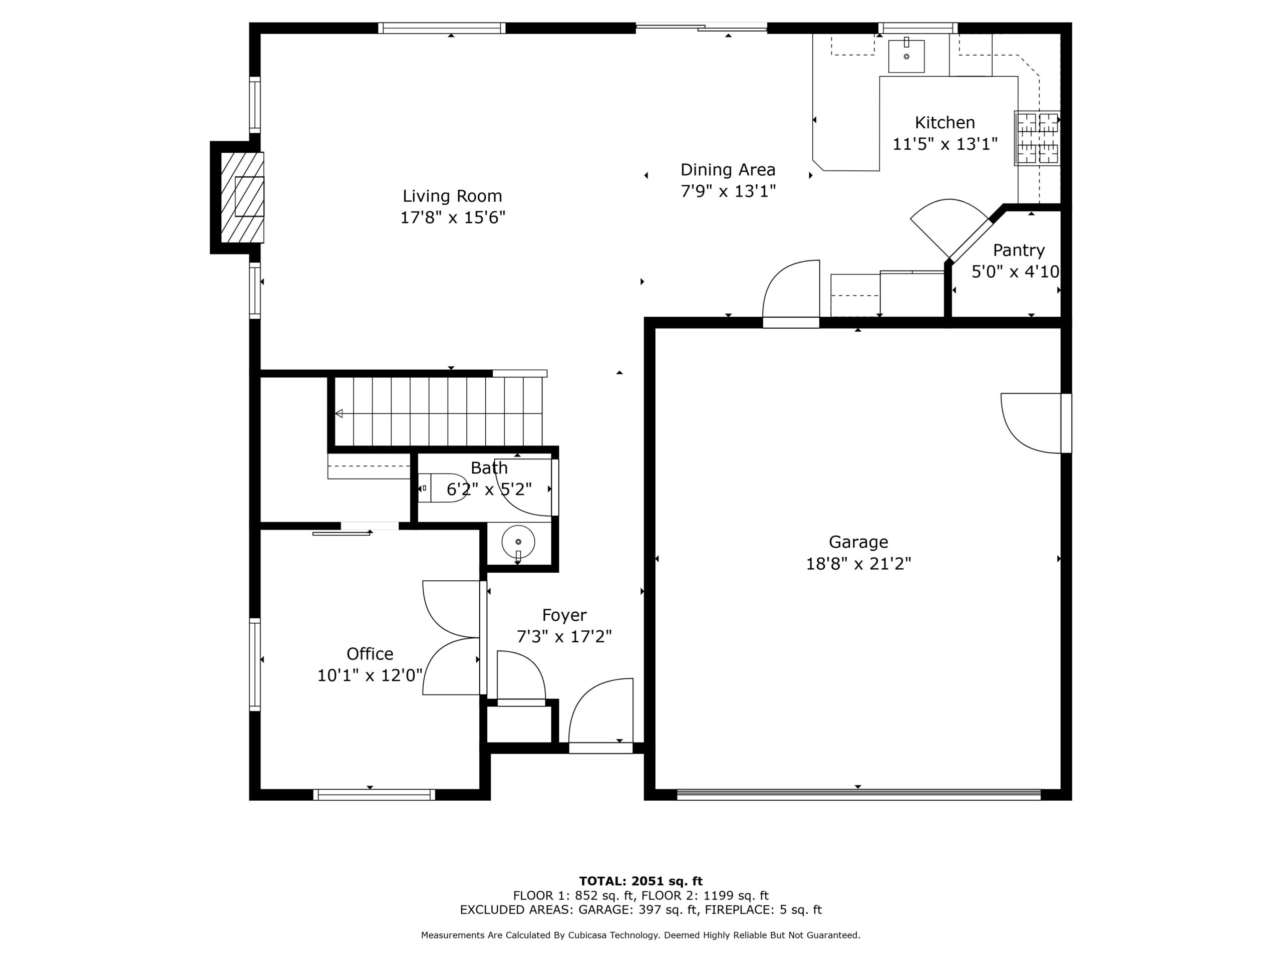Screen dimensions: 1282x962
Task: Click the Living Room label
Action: click(452, 196)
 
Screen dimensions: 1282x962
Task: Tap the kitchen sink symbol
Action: click(906, 56)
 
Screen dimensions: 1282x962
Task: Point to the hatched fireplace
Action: click(242, 197)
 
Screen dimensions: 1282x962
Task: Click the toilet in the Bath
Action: click(443, 487)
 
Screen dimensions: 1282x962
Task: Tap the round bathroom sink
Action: click(518, 542)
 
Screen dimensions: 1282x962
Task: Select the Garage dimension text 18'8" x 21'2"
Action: click(858, 564)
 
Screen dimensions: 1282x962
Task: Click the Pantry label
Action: click(1019, 250)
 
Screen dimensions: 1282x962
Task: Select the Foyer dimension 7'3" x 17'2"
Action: click(564, 637)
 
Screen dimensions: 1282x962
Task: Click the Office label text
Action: click(370, 653)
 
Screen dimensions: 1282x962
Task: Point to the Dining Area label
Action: click(728, 169)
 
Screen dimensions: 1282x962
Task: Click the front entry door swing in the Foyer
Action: click(601, 715)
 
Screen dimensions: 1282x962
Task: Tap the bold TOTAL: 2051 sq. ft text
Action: click(641, 881)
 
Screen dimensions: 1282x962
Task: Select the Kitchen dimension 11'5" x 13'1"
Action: click(944, 144)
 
